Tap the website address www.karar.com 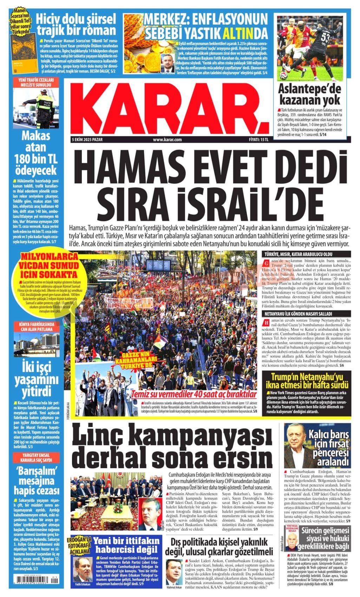click(167, 140)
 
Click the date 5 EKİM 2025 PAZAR click(89, 140)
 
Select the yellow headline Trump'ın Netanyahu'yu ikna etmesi click(309, 381)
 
